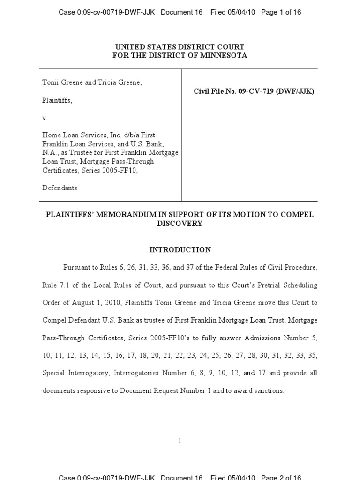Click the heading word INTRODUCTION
pyautogui.click(x=180, y=250)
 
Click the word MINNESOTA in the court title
pyautogui.click(x=223, y=55)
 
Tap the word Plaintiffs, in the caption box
pyautogui.click(x=57, y=100)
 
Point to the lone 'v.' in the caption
pyautogui.click(x=45, y=118)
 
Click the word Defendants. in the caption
pyautogui.click(x=60, y=187)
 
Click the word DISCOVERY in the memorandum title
pyautogui.click(x=180, y=224)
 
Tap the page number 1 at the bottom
pyautogui.click(x=180, y=441)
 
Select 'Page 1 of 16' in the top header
pyautogui.click(x=281, y=12)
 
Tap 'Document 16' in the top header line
pyautogui.click(x=181, y=12)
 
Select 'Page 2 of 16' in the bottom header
pyautogui.click(x=281, y=477)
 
